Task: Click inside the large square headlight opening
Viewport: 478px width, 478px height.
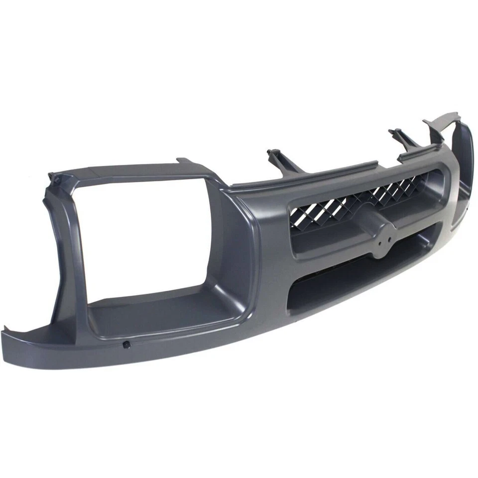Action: (x=149, y=239)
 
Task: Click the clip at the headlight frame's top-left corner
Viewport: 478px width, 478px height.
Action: (x=55, y=178)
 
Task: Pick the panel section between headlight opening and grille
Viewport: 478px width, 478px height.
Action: (x=259, y=249)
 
